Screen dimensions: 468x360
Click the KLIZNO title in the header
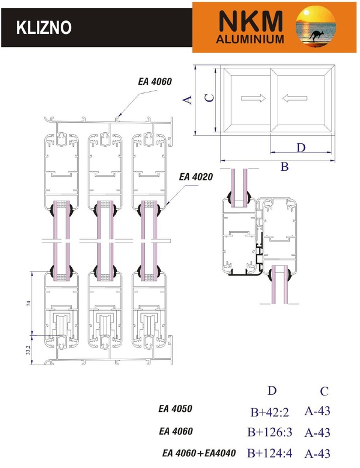pos(43,27)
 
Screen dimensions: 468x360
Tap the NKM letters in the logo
pos(249,22)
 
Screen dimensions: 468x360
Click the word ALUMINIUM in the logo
pos(250,40)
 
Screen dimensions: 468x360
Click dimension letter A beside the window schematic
pos(188,99)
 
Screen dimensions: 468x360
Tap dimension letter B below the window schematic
pos(285,167)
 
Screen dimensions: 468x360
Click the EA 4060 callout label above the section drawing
pos(155,82)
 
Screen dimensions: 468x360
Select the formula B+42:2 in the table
pos(270,412)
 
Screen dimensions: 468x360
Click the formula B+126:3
pos(273,433)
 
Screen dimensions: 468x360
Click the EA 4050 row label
pos(176,409)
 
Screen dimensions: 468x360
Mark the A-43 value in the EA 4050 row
pos(317,411)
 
